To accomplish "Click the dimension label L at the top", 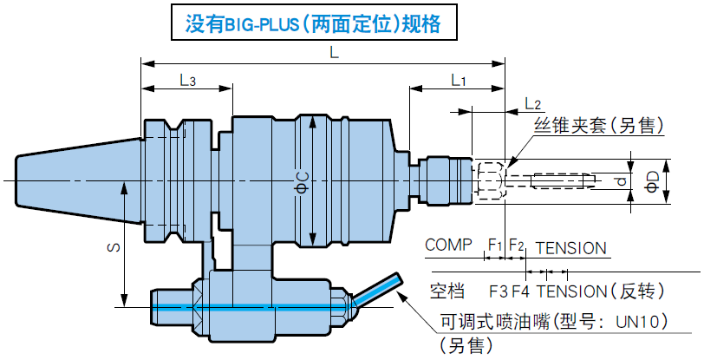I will pos(334,53).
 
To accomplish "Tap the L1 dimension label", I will pos(459,80).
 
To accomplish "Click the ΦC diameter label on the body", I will pos(302,180).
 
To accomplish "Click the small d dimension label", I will pos(620,181).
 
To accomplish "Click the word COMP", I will pos(448,245).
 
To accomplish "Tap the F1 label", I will pos(495,245).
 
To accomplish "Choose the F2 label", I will pos(516,245).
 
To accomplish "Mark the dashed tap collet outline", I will pos(490,180).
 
